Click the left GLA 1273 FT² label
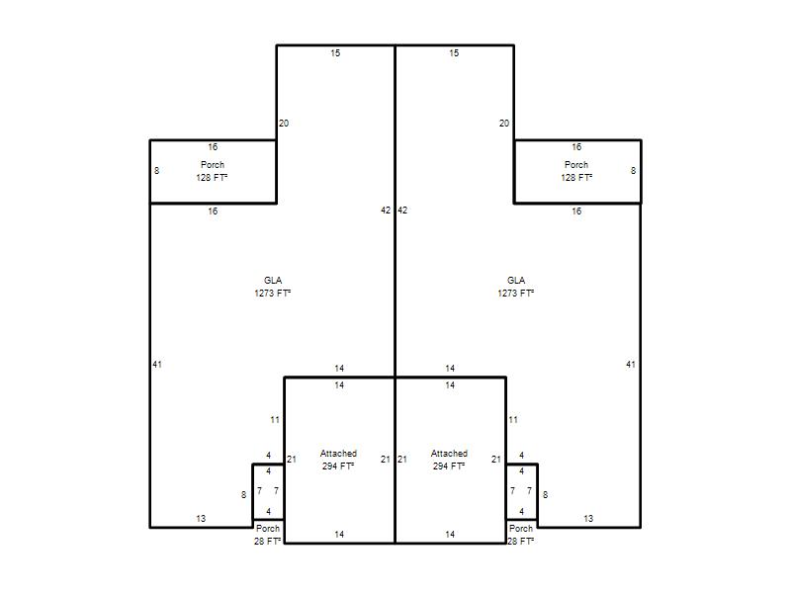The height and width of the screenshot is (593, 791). (x=273, y=287)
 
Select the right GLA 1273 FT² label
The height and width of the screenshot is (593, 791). (x=516, y=287)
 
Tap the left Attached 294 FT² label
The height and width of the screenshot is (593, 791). (x=338, y=460)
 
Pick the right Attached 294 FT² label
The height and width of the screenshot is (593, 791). (x=449, y=460)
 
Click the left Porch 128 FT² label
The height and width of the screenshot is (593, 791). (x=212, y=171)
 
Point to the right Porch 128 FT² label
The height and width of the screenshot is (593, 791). (x=576, y=171)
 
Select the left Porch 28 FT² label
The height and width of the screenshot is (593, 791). (x=267, y=535)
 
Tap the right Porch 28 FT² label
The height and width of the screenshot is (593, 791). (x=521, y=535)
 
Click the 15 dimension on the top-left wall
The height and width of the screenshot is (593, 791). (x=335, y=53)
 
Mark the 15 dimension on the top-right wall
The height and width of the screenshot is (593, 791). (x=454, y=53)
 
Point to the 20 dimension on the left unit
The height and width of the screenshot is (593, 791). (x=284, y=123)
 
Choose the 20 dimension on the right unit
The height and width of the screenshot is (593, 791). (x=504, y=123)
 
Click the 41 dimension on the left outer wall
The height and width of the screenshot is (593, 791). (x=157, y=364)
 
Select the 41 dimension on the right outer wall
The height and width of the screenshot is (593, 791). (x=631, y=364)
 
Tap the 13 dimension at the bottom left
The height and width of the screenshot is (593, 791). (x=201, y=518)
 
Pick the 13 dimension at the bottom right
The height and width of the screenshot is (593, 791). (x=588, y=518)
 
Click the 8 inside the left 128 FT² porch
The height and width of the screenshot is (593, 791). (x=157, y=170)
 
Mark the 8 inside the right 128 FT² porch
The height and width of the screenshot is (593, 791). (x=633, y=170)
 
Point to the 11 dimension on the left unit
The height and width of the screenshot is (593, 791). (x=275, y=419)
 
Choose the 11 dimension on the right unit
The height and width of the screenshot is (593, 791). (x=513, y=419)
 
